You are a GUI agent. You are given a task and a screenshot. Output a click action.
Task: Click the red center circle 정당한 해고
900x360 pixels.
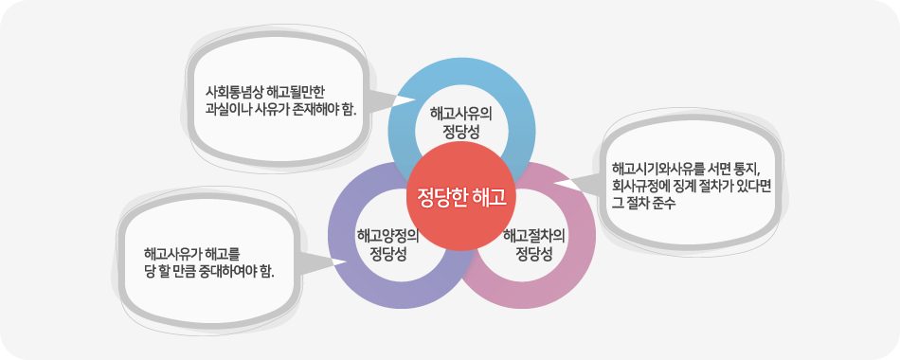coord(461,198)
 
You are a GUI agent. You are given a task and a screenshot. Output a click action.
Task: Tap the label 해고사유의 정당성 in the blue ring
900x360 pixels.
coord(461,121)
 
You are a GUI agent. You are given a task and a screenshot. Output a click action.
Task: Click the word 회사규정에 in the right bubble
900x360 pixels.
coord(642,188)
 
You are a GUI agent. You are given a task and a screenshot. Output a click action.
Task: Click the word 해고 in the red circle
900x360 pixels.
coord(486,198)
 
